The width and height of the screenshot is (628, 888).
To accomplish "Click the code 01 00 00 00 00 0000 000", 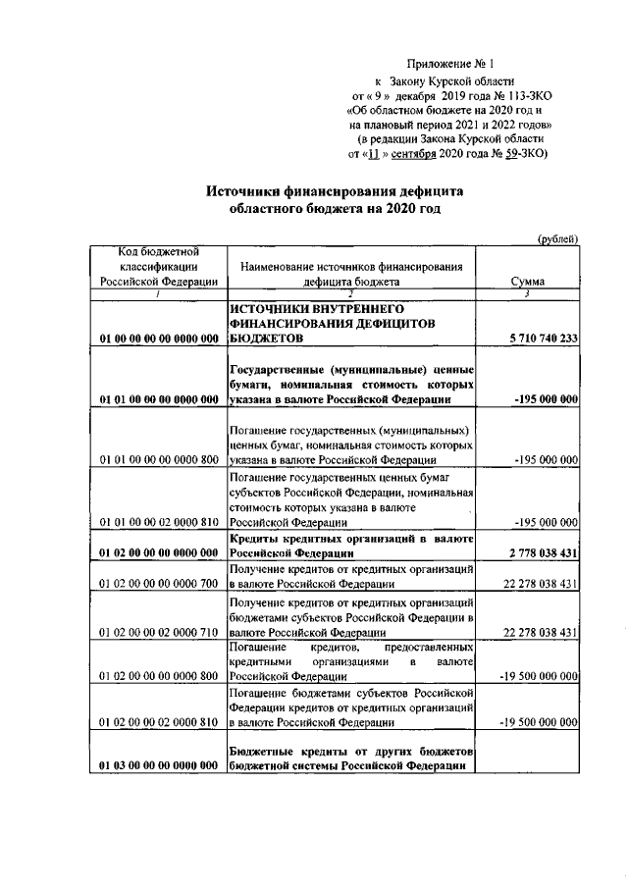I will click(x=158, y=339).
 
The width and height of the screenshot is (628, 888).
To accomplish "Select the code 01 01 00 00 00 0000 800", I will click(x=158, y=459).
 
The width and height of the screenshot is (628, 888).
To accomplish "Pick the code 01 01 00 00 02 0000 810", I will click(x=158, y=523).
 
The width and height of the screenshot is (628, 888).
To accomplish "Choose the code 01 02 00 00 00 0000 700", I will click(x=158, y=585).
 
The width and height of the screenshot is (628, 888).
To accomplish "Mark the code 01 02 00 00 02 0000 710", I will click(x=158, y=634).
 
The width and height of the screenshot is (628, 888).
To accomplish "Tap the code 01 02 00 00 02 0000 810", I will click(x=158, y=725).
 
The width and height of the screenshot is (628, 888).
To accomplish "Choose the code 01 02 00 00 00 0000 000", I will click(x=158, y=553).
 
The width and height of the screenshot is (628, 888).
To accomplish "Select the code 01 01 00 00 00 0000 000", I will click(x=158, y=399).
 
